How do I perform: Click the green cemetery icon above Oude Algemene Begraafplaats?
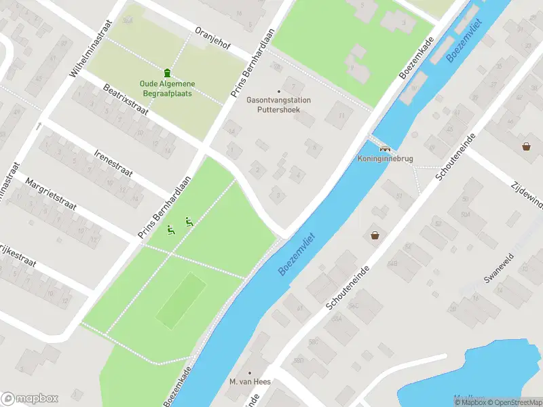(167, 73)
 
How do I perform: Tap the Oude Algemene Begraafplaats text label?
(167, 88)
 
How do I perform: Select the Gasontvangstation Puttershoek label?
(279, 104)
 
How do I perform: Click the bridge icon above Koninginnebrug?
(385, 149)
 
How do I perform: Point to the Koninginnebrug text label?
(385, 159)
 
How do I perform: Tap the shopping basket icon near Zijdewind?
(526, 146)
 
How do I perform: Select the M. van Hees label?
(250, 382)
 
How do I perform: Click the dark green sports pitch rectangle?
(181, 299)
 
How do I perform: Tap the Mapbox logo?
(30, 398)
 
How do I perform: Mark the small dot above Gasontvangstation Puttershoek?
(278, 92)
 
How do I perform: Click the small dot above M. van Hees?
(250, 372)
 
